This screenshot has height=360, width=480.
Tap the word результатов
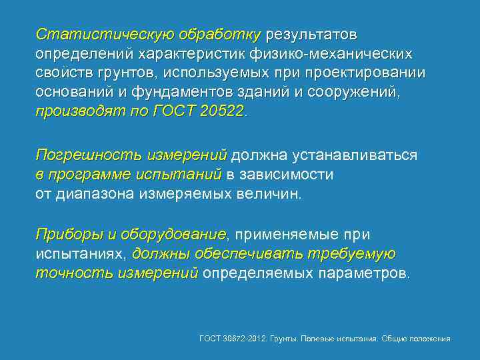(x=312, y=33)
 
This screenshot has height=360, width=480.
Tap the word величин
(x=275, y=195)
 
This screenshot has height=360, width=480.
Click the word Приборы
(x=67, y=235)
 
